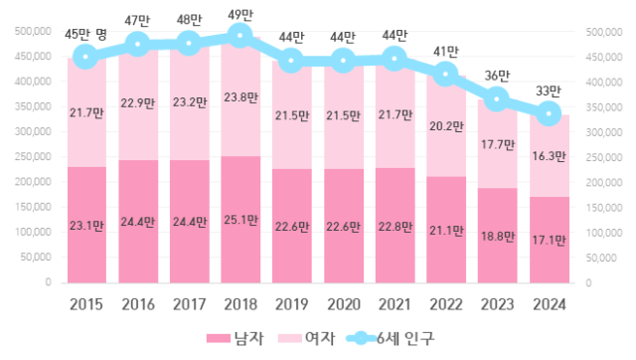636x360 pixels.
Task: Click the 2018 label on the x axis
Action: tap(240, 305)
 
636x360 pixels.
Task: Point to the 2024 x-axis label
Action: tap(548, 305)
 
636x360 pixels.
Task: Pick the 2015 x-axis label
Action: tap(86, 305)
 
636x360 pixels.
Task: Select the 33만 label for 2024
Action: tap(548, 90)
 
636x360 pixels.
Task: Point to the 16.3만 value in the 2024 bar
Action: tap(548, 154)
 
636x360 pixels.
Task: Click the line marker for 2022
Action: tap(445, 75)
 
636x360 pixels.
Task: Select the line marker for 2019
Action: tap(291, 61)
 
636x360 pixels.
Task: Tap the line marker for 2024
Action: tap(548, 114)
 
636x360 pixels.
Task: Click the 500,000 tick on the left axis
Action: tap(34, 32)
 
